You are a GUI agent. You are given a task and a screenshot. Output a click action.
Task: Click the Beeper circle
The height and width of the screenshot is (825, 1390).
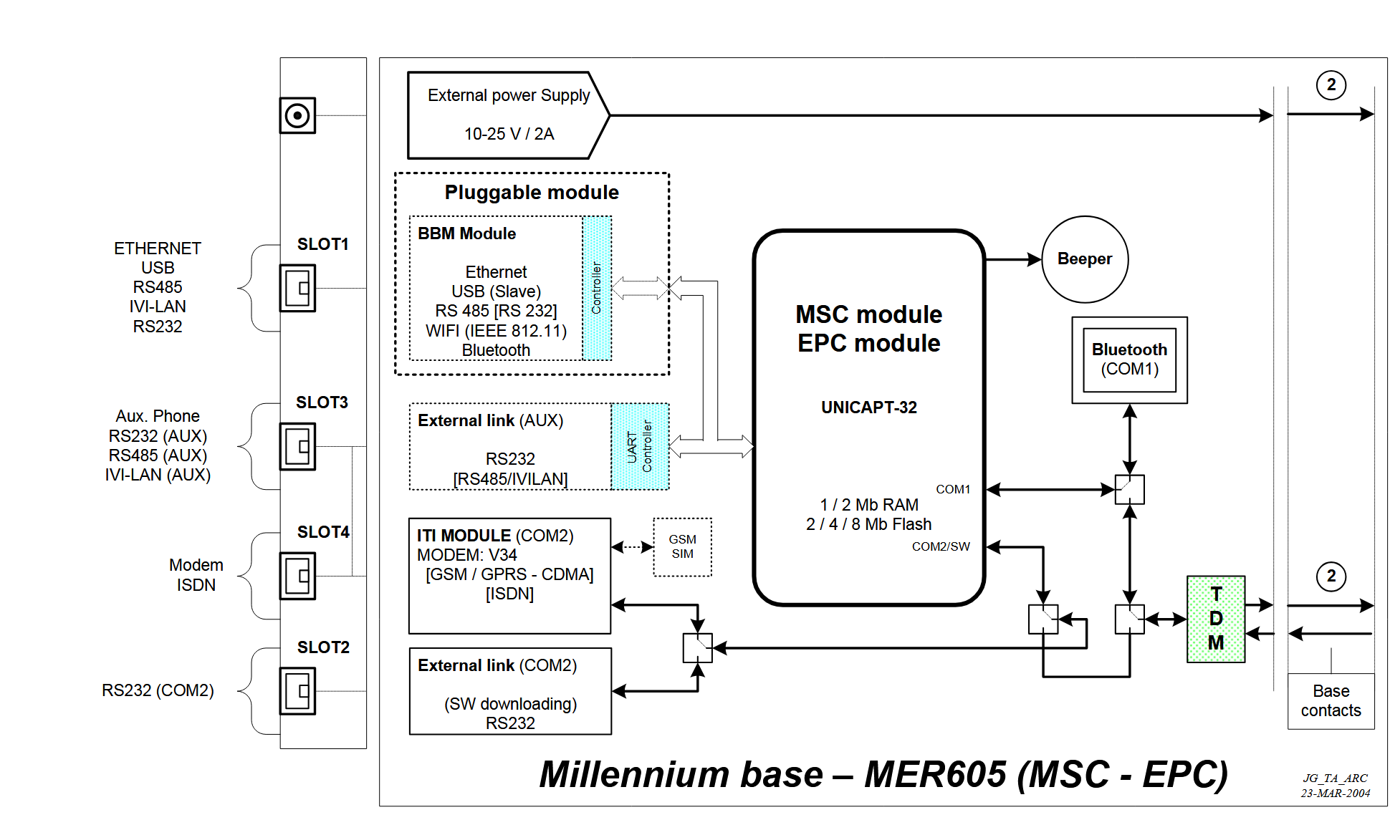point(1084,259)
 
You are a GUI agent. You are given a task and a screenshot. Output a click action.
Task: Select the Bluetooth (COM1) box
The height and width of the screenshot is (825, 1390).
point(1129,360)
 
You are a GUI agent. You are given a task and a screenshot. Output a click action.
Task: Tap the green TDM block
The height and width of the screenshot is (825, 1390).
point(1215,619)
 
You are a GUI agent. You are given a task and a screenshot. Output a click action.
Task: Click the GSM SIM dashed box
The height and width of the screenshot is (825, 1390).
point(682,547)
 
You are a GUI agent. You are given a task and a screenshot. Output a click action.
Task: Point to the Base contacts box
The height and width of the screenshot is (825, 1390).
point(1331,700)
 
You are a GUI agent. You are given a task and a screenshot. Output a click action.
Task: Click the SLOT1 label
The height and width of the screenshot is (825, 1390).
point(322,244)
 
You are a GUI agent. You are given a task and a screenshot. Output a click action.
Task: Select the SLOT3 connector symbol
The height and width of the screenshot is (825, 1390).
point(297,446)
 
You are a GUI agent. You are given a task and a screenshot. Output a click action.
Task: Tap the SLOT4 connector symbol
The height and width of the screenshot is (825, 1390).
point(297,576)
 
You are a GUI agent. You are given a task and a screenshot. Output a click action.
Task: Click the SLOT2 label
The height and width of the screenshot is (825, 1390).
point(323,647)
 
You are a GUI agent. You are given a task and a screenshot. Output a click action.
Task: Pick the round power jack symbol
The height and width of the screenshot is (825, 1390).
point(297,115)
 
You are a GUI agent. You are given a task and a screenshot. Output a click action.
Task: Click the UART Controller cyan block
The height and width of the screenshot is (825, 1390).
point(640,446)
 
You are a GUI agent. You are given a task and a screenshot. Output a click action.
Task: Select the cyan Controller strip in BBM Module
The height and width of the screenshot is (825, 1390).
point(597,288)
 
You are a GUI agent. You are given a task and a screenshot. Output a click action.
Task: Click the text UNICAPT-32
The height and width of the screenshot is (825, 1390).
point(868,407)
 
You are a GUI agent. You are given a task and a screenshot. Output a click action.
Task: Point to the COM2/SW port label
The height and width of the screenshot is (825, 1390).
point(940,546)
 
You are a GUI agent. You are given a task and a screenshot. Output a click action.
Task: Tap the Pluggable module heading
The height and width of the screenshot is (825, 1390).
point(532,193)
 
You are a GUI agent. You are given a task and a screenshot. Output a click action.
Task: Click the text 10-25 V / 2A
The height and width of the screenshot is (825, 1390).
point(509,134)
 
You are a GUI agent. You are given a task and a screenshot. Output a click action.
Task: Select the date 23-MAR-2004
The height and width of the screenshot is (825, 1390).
point(1336,793)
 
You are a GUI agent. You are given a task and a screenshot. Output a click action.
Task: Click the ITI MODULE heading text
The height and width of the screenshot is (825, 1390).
point(464,536)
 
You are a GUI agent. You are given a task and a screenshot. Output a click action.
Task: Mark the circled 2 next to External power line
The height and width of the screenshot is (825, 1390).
point(1331,85)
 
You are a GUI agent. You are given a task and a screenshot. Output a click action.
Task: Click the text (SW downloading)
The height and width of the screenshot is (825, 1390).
point(510,704)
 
